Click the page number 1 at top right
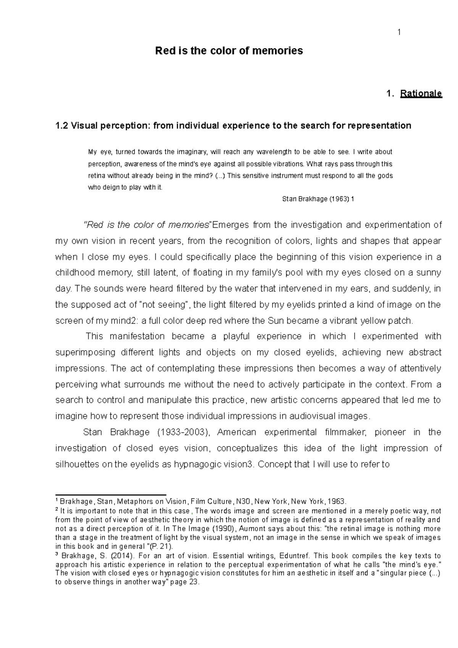click(399, 32)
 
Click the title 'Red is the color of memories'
click(229, 51)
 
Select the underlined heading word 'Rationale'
click(421, 93)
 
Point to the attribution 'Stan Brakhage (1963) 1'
click(318, 199)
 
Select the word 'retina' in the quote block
click(97, 176)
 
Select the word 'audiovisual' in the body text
click(285, 416)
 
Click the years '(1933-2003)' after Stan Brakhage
click(183, 432)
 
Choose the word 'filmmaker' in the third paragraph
click(347, 432)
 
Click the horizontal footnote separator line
click(111, 494)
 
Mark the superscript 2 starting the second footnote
click(57, 509)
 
